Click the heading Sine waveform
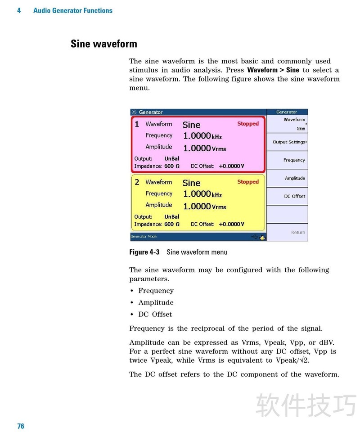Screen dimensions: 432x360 pyautogui.click(x=104, y=44)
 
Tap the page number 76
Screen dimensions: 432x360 pyautogui.click(x=21, y=426)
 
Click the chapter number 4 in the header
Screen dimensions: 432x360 pyautogui.click(x=19, y=10)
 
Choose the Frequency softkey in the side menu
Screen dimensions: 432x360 pyautogui.click(x=294, y=160)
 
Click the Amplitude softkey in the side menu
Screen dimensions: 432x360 pyautogui.click(x=295, y=178)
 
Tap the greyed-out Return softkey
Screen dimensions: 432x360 pyautogui.click(x=298, y=233)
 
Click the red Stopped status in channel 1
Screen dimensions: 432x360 pyautogui.click(x=248, y=124)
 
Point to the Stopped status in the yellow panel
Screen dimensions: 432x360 pyautogui.click(x=248, y=182)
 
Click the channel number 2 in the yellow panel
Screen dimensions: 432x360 pyautogui.click(x=137, y=182)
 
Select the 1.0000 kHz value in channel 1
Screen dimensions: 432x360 pyautogui.click(x=202, y=136)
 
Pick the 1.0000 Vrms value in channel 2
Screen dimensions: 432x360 pyautogui.click(x=204, y=207)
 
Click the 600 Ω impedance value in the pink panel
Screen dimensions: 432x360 pyautogui.click(x=171, y=166)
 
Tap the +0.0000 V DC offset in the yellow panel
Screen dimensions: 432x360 pyautogui.click(x=231, y=224)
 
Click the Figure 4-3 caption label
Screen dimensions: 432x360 pyautogui.click(x=144, y=252)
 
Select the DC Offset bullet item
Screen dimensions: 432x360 pyautogui.click(x=155, y=314)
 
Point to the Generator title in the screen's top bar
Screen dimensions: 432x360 pyautogui.click(x=150, y=112)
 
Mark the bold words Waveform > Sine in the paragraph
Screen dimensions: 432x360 pyautogui.click(x=273, y=70)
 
